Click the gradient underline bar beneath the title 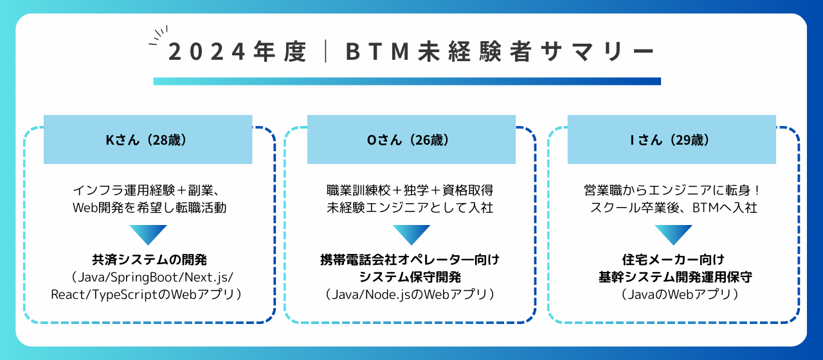(x=407, y=82)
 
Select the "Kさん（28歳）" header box (x=148, y=139)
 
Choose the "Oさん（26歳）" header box (x=411, y=139)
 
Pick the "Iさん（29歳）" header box (x=671, y=139)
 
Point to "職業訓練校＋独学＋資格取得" (x=410, y=190)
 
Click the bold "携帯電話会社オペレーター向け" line (x=410, y=260)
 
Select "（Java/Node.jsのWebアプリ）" (x=410, y=294)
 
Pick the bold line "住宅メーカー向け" (x=673, y=260)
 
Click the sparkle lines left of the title (x=158, y=35)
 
